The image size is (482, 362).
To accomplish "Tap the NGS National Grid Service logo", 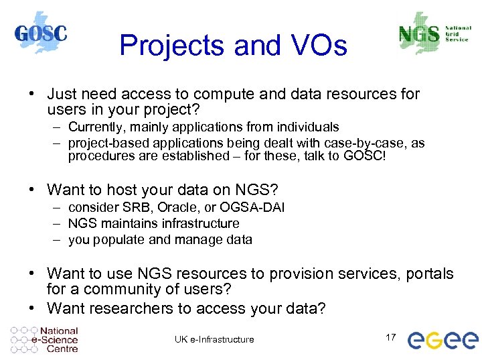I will [433, 34].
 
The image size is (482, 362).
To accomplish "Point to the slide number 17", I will [392, 337].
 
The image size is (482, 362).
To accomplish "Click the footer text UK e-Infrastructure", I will [214, 339].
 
